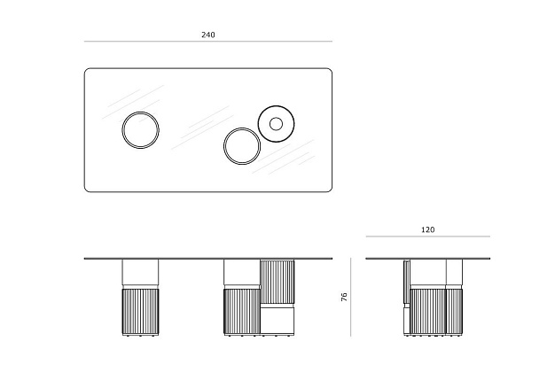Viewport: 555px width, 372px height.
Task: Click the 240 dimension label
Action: (x=208, y=35)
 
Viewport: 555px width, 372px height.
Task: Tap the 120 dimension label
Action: (x=427, y=230)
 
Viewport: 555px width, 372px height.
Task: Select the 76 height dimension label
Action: (x=344, y=297)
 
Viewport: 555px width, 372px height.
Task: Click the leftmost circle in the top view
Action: (x=122, y=130)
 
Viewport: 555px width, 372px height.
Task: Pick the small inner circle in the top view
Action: (x=276, y=119)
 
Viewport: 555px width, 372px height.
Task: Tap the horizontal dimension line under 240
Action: (x=208, y=42)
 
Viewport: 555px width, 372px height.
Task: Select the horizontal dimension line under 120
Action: (x=428, y=236)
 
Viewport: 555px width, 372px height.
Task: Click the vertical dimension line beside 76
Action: (x=351, y=297)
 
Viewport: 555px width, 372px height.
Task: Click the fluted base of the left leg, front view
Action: (x=140, y=311)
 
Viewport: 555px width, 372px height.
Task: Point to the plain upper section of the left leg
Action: (x=140, y=272)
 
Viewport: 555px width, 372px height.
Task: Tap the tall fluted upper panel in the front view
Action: (x=277, y=281)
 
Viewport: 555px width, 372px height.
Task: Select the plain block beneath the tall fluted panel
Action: (x=277, y=320)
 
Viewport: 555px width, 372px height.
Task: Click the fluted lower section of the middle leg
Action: (x=242, y=311)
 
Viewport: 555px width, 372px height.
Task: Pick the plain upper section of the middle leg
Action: (x=242, y=272)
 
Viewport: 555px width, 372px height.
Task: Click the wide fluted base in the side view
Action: (x=428, y=311)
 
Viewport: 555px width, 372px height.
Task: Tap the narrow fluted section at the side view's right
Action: (x=455, y=311)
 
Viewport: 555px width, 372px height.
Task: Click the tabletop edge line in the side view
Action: (x=428, y=259)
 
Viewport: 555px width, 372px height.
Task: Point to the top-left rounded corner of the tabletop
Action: (x=86, y=70)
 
